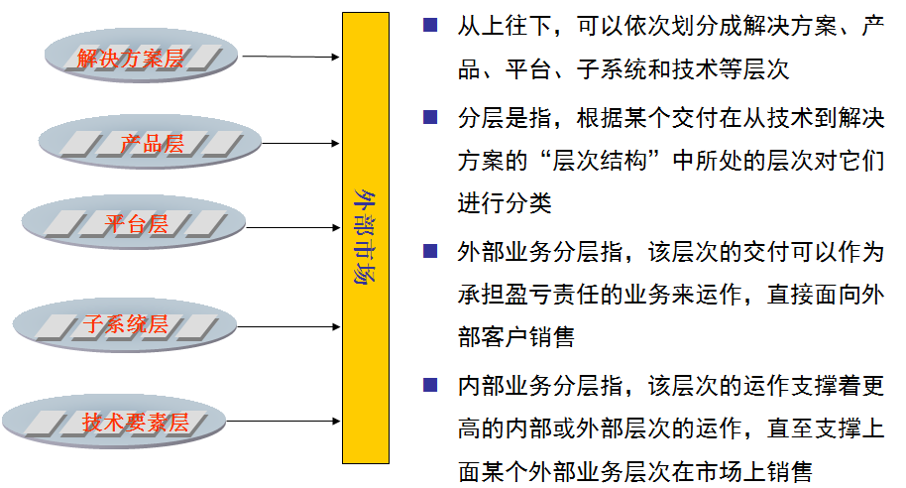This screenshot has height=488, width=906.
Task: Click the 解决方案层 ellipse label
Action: pyautogui.click(x=131, y=59)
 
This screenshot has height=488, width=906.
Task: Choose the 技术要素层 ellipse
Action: pyautogui.click(x=136, y=424)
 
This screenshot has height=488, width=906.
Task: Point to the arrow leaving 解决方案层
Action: pyautogui.click(x=290, y=57)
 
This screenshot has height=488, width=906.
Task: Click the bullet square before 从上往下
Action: pyautogui.click(x=430, y=25)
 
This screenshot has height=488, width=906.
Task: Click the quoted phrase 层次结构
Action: pyautogui.click(x=606, y=161)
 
